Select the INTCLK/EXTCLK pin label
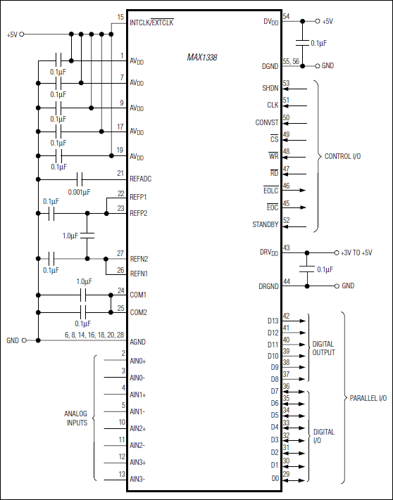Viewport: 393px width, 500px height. [x=151, y=23]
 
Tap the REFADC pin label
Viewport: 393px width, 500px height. [x=141, y=179]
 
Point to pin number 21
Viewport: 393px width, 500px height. [x=120, y=172]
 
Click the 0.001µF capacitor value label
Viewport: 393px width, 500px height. [x=79, y=191]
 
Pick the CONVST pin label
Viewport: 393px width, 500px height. [x=266, y=122]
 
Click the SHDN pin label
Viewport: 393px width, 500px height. [x=270, y=89]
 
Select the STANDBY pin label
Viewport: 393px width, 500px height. [x=265, y=224]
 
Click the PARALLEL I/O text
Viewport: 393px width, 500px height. [x=368, y=398]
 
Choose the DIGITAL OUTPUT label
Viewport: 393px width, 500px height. [x=323, y=348]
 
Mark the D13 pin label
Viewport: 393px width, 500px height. [x=273, y=321]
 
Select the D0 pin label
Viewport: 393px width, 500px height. [x=274, y=478]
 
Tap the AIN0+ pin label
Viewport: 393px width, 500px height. [x=138, y=360]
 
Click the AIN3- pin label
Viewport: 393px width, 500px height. [x=137, y=478]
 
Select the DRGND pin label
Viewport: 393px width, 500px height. [x=268, y=286]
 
